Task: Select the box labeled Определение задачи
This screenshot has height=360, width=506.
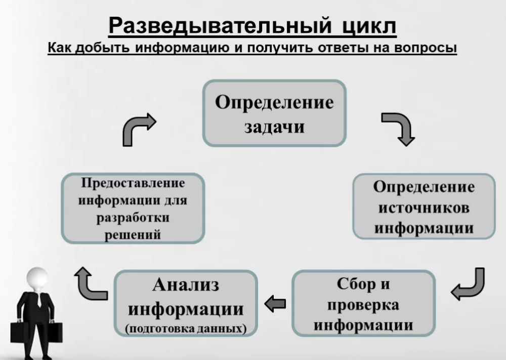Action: point(274,113)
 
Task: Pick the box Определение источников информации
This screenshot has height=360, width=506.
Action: point(424,207)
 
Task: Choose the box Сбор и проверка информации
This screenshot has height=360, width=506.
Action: point(363,304)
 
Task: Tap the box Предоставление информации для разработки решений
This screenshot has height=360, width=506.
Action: point(133,208)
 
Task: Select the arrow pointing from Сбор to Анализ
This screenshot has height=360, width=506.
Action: point(275,304)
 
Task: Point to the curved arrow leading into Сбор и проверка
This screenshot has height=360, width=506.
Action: point(468,285)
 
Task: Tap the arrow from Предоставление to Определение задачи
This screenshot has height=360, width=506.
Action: point(138,129)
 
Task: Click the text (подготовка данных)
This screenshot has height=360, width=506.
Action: point(186,329)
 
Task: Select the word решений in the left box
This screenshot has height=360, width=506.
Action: point(133,234)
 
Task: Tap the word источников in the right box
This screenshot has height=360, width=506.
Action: point(424,207)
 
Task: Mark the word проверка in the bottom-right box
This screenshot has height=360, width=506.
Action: point(363,305)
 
